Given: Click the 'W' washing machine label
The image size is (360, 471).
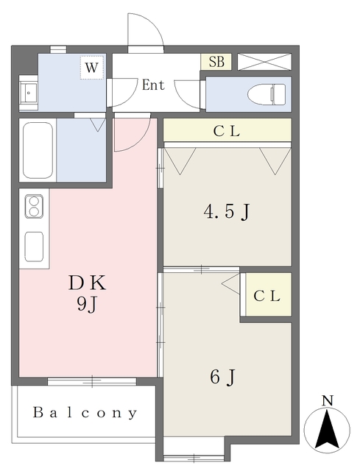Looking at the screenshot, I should click(91, 68).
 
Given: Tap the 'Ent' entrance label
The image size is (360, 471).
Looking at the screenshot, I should click(152, 85).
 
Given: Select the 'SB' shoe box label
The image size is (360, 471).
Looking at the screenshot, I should click(216, 63).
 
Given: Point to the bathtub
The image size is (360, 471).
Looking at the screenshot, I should click(37, 149).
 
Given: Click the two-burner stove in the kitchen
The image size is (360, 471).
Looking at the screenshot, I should click(35, 208).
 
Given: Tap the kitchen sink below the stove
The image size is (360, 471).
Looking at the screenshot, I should click(35, 245).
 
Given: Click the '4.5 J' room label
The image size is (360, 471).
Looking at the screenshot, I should click(227, 212).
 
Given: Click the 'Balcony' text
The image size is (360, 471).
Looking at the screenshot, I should click(85, 413).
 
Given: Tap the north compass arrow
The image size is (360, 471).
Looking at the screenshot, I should click(327, 431).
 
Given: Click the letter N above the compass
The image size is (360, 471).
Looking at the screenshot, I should click(328, 401).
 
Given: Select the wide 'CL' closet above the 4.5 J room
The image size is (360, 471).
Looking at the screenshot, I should click(227, 131).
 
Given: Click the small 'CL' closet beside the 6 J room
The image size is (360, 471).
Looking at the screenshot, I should click(267, 297).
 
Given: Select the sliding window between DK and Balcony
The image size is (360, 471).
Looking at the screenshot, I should click(92, 380).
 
